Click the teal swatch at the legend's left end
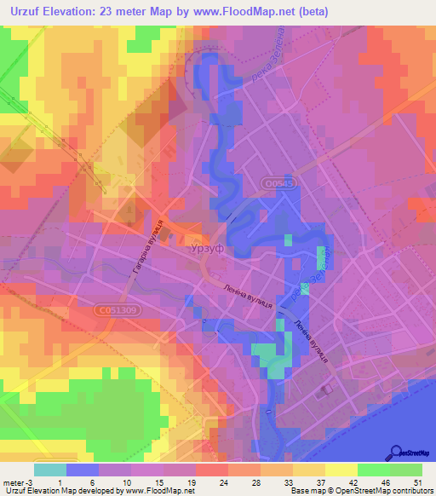(49, 469)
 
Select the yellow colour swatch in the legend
(341, 469)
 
